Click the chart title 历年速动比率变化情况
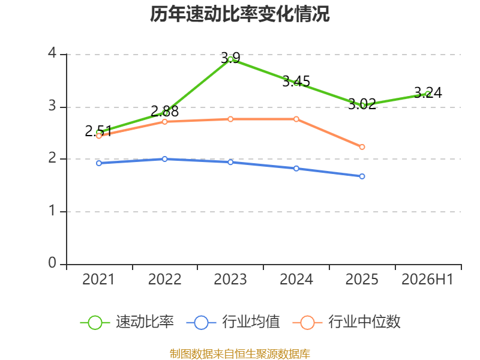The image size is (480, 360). [x=239, y=14]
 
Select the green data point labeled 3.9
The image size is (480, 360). [x=230, y=59]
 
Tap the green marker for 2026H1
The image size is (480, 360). [x=428, y=94]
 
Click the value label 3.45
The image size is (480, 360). [x=296, y=82]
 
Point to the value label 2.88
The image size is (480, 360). [x=164, y=111]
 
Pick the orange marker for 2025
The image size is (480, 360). [x=362, y=147]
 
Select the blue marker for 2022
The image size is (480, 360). [x=164, y=159]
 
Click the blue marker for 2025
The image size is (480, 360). [x=362, y=176]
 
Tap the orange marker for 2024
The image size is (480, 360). [x=296, y=119]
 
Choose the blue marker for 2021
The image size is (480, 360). [x=99, y=163]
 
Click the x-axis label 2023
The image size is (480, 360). [x=230, y=279]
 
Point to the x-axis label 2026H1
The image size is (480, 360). [x=427, y=279]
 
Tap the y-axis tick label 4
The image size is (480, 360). [x=52, y=53]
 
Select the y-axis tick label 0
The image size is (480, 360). [x=52, y=263]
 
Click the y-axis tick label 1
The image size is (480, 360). [x=52, y=211]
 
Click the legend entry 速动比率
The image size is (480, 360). [x=127, y=322]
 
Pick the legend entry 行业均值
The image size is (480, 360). [x=233, y=322]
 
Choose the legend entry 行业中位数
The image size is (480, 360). [x=346, y=322]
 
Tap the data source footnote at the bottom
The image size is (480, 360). [x=240, y=354]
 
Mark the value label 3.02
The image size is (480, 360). [x=362, y=104]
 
